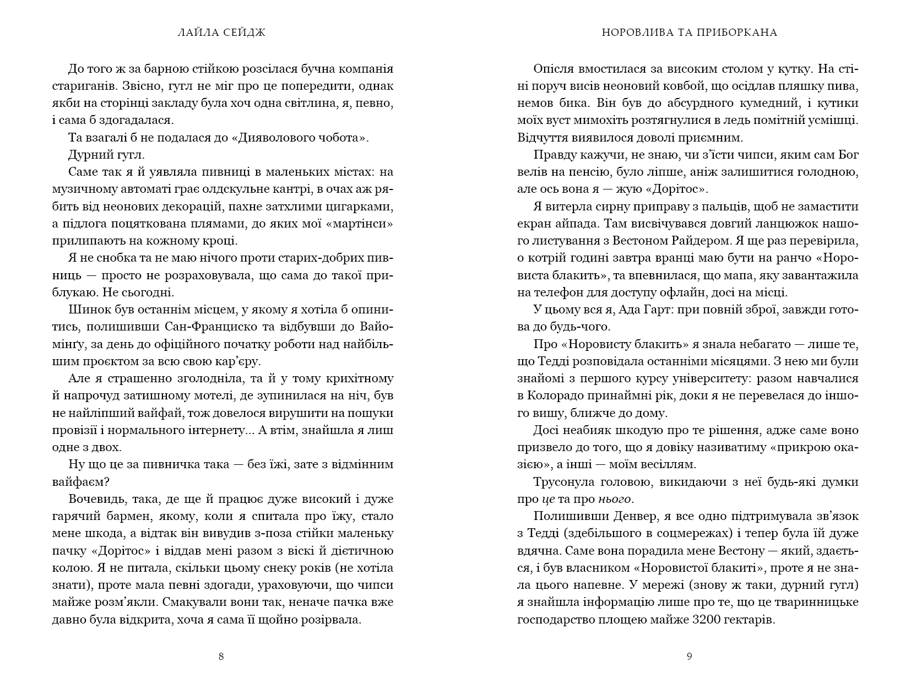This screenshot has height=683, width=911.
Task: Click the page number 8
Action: [x=221, y=656]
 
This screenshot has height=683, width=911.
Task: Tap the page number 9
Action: [x=689, y=656]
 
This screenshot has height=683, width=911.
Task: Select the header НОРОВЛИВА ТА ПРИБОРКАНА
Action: [x=688, y=32]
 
